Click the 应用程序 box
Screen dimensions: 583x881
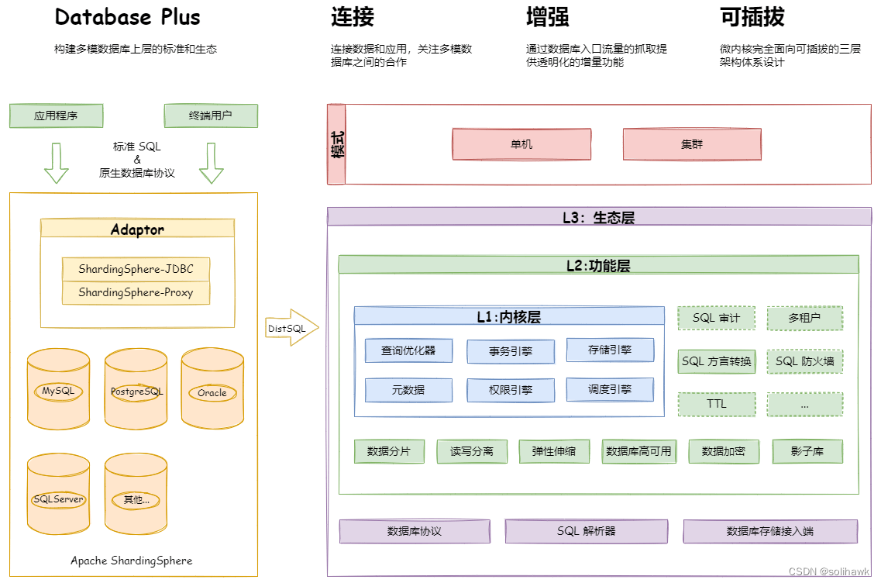click(56, 116)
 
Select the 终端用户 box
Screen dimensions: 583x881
click(211, 116)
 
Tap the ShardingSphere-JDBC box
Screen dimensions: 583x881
click(136, 270)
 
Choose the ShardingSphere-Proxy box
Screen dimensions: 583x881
click(136, 293)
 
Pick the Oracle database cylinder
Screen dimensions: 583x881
click(212, 392)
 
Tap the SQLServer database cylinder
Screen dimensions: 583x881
click(58, 498)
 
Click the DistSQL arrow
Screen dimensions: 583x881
click(291, 329)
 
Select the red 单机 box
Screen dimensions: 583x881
click(521, 144)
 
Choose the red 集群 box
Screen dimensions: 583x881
click(692, 144)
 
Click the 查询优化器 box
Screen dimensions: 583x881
click(408, 350)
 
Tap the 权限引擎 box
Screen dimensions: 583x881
click(511, 390)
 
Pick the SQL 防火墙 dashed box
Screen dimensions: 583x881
click(805, 361)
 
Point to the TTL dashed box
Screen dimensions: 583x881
click(717, 404)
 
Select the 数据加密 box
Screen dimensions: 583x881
click(723, 451)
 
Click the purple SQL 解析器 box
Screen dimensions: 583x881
click(586, 531)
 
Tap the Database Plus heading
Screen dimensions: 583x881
click(128, 17)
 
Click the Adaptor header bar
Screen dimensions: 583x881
click(137, 229)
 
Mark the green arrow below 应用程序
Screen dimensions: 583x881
click(56, 163)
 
